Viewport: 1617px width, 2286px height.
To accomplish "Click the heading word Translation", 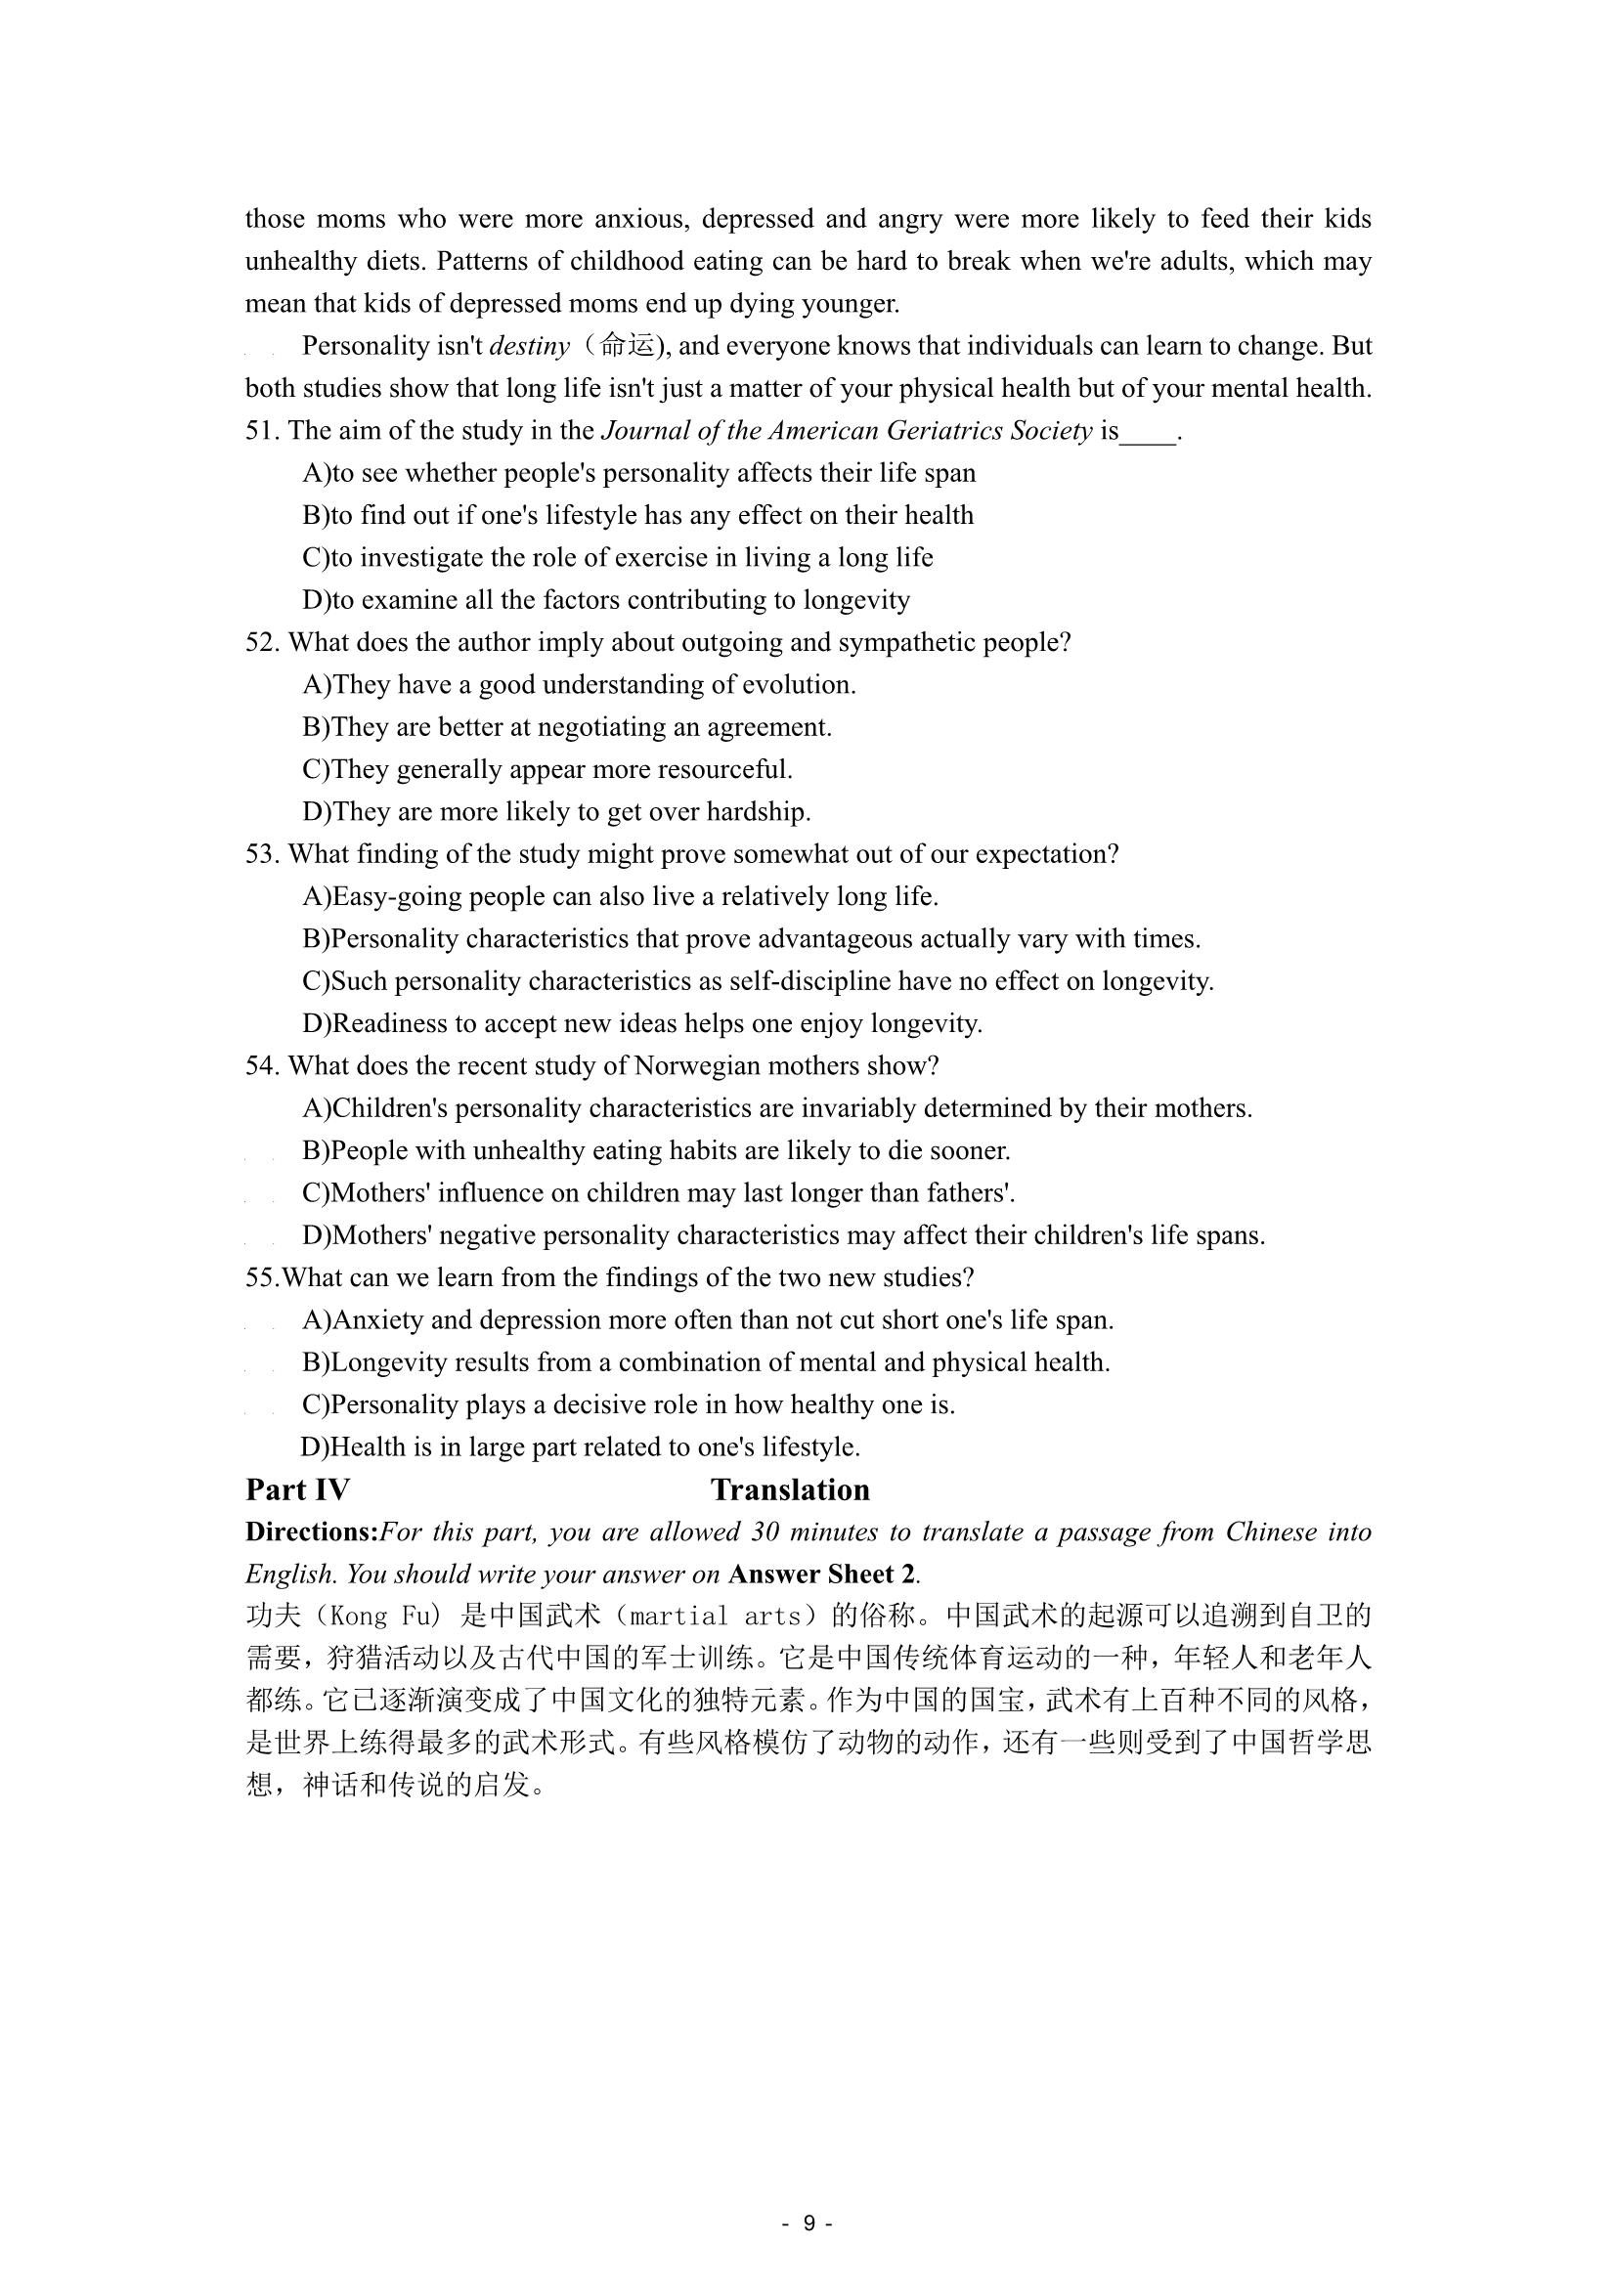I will point(790,1489).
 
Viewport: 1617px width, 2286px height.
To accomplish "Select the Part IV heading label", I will point(298,1489).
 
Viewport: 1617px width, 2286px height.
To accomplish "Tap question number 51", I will point(261,431).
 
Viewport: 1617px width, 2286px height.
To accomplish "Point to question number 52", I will point(261,643).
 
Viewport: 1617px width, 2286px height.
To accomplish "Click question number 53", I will point(261,855).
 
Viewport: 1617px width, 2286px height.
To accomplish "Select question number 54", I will point(261,1066).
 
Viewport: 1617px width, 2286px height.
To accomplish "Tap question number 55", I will point(261,1278).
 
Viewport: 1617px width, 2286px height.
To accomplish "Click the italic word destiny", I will point(530,347).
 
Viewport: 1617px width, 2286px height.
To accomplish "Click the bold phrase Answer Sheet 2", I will point(822,1574).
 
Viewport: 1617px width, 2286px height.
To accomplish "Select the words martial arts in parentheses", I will point(716,1617).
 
